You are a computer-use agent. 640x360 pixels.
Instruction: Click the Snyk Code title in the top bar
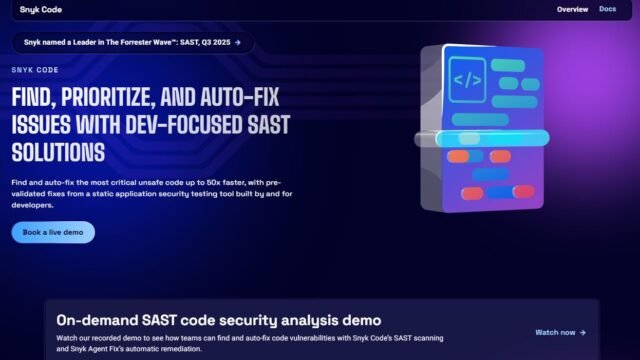coord(40,10)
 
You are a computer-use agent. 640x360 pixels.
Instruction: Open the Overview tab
coord(572,9)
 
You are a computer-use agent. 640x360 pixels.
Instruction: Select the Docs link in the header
coord(608,9)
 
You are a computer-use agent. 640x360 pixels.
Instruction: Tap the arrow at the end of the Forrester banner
coord(237,43)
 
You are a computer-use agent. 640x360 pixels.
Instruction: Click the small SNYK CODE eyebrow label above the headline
coord(35,71)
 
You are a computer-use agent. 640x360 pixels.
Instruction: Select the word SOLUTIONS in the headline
coord(58,153)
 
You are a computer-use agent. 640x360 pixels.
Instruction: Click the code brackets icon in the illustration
coord(467,79)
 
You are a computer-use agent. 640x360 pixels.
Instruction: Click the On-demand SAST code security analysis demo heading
coord(218,321)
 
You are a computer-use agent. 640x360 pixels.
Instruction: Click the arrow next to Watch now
coord(582,332)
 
